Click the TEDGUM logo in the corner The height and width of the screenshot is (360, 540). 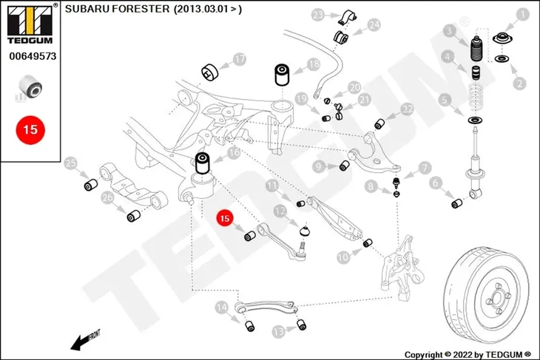pyautogui.click(x=30, y=24)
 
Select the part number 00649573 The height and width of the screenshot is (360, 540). pyautogui.click(x=33, y=56)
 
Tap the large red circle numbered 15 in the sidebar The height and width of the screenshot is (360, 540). pyautogui.click(x=30, y=130)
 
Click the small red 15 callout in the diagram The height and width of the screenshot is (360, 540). pyautogui.click(x=225, y=218)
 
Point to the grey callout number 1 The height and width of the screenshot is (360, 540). pyautogui.click(x=523, y=15)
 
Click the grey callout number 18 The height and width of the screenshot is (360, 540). pyautogui.click(x=314, y=64)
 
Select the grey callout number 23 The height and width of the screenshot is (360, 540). pyautogui.click(x=318, y=15)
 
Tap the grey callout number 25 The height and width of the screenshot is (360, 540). pyautogui.click(x=70, y=163)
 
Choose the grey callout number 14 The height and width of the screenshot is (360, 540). pyautogui.click(x=222, y=308)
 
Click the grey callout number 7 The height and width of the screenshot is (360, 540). pyautogui.click(x=425, y=168)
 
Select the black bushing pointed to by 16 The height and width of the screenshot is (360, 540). pyautogui.click(x=203, y=163)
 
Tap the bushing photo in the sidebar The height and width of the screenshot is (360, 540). pyautogui.click(x=30, y=86)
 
